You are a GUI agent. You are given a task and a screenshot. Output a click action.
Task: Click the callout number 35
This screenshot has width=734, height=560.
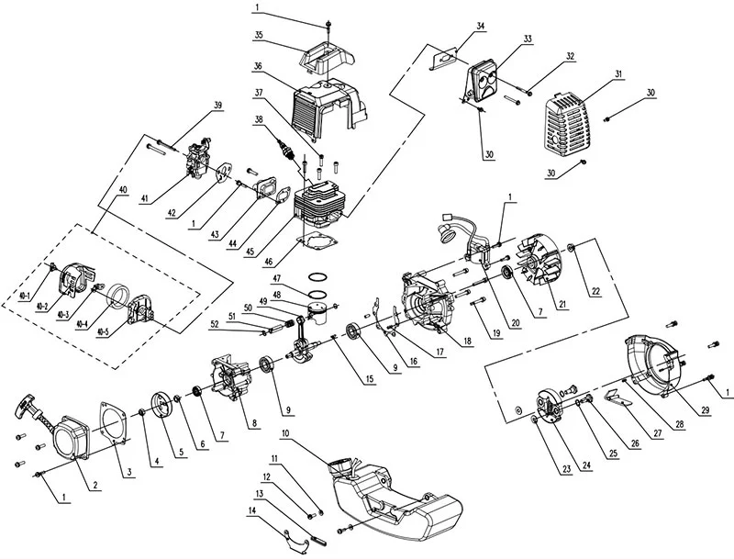click(x=259, y=35)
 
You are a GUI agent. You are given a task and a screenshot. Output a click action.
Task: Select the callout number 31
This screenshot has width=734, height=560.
click(x=618, y=74)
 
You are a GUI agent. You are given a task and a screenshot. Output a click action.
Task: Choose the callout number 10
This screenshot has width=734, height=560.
click(x=286, y=433)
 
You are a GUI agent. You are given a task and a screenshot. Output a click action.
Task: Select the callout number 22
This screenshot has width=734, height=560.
click(x=595, y=291)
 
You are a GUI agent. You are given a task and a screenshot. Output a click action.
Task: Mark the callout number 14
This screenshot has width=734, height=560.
click(x=253, y=511)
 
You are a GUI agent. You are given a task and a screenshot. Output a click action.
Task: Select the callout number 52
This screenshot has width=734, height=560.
click(x=215, y=323)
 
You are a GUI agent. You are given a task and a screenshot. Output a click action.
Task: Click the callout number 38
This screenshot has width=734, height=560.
click(x=259, y=119)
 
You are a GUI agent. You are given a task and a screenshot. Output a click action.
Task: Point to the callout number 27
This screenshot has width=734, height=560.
click(x=658, y=433)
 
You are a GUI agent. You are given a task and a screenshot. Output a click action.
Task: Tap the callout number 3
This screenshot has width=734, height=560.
click(x=128, y=473)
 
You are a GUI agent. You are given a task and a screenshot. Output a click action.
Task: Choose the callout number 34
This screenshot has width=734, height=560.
click(x=480, y=26)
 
